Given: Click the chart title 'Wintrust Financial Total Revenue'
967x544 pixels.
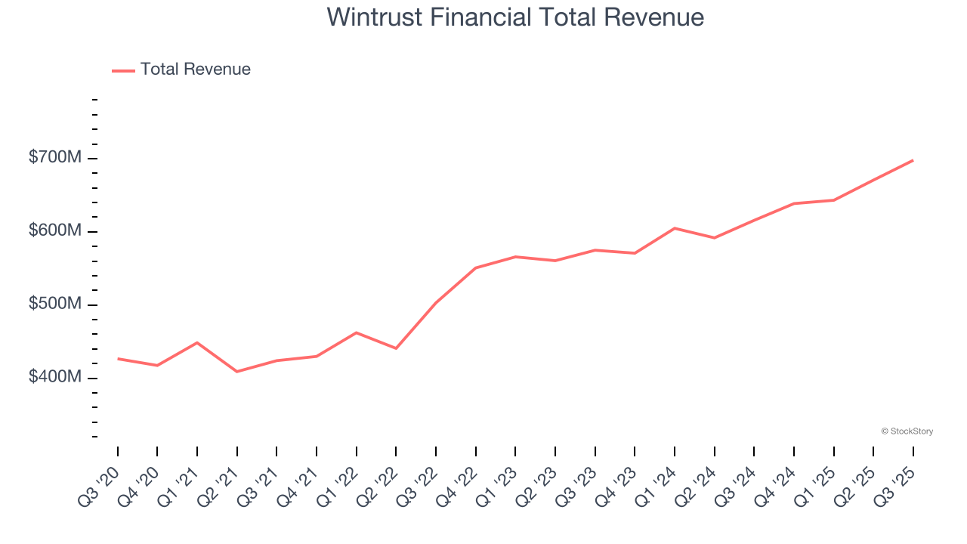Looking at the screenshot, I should (515, 17).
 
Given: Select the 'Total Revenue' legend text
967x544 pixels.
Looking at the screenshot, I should (195, 70).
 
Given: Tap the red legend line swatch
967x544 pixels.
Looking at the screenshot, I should (123, 70).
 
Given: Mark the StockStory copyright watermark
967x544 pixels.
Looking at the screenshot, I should (907, 431).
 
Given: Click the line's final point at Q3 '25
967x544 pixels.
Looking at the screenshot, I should (913, 160).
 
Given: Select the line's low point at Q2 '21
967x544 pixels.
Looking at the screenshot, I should (237, 372).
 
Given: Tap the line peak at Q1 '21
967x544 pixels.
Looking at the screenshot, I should (197, 342).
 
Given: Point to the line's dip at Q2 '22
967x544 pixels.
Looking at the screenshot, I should (396, 348).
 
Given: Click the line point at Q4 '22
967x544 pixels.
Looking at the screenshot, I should (476, 267).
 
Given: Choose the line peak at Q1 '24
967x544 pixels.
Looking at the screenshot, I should (675, 228).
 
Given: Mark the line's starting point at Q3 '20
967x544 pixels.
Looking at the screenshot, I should (118, 359).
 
